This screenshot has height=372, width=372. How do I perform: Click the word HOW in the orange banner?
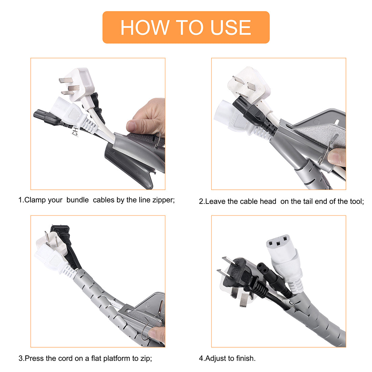pyautogui.click(x=145, y=27)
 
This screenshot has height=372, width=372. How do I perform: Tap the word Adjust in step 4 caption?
pyautogui.click(x=215, y=358)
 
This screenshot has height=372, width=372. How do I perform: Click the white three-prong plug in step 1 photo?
pyautogui.click(x=75, y=83)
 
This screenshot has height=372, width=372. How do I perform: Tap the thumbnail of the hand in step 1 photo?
pyautogui.click(x=131, y=126)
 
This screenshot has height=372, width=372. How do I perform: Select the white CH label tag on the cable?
pyautogui.click(x=75, y=132)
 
